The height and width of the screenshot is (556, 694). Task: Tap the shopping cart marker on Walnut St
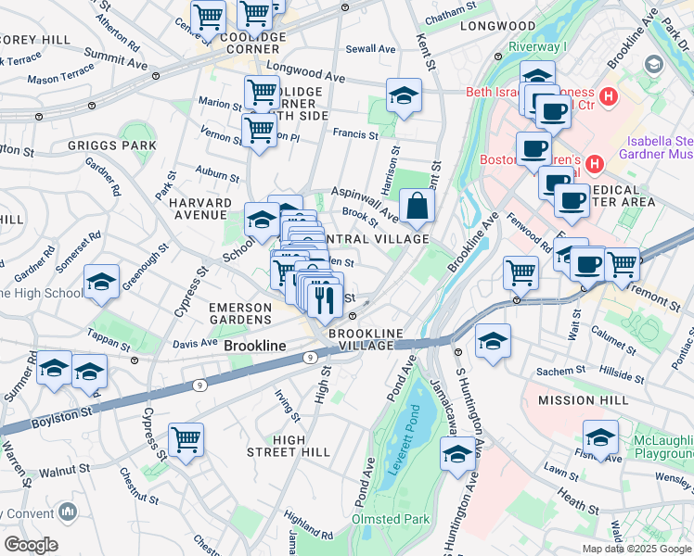tap(186, 441)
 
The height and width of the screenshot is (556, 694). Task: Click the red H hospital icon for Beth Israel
tap(609, 95)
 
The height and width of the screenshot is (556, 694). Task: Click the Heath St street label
tap(579, 503)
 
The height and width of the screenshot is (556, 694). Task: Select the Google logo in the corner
tap(31, 545)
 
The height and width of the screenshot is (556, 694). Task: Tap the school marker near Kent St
tap(404, 96)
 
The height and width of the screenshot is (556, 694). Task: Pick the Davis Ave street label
tap(195, 343)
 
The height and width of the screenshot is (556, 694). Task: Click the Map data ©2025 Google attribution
tap(636, 549)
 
